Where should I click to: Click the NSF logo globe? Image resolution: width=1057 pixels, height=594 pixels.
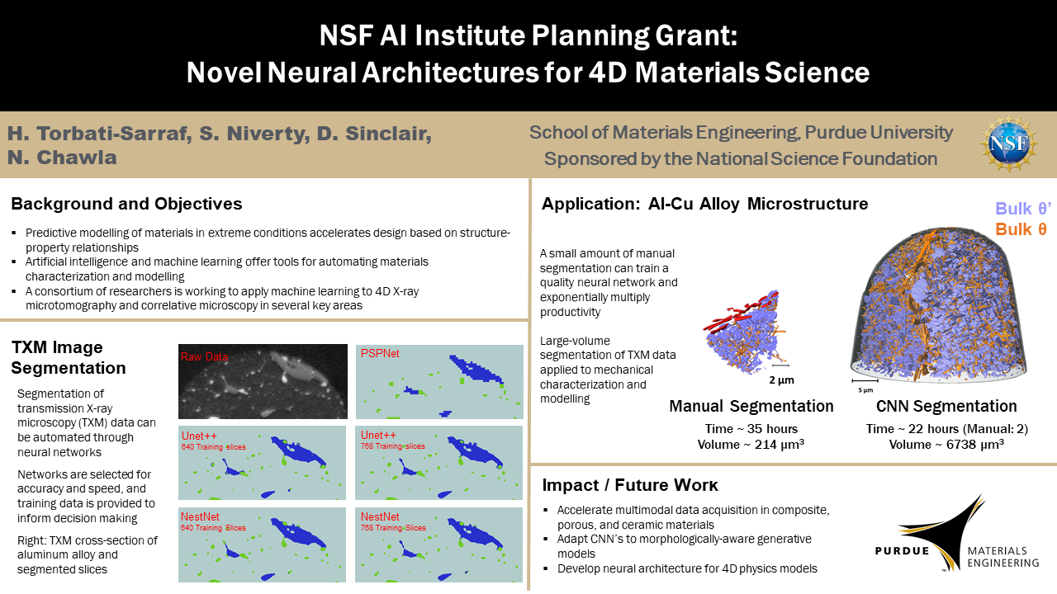click(1008, 144)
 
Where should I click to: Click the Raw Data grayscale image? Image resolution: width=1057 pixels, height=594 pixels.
click(263, 381)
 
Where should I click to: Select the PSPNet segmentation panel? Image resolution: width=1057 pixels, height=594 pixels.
click(439, 381)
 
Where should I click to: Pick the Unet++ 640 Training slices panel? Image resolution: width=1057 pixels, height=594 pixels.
click(262, 463)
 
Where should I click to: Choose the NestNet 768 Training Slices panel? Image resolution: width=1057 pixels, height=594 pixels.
click(438, 544)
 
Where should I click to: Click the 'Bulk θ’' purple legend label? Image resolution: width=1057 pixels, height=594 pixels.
click(1023, 209)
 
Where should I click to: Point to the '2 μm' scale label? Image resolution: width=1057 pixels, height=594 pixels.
click(781, 380)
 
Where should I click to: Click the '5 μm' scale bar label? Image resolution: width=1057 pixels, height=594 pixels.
click(865, 390)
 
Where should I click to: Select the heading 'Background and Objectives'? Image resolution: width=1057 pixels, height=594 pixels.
click(126, 204)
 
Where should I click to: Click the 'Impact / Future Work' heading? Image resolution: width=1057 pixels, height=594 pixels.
click(630, 485)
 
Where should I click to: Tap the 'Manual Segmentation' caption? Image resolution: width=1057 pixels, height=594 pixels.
click(751, 406)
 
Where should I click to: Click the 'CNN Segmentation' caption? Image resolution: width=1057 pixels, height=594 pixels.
click(946, 406)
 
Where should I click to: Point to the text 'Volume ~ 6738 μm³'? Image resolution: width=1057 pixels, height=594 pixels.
click(946, 445)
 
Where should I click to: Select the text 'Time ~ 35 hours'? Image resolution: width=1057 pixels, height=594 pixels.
click(751, 428)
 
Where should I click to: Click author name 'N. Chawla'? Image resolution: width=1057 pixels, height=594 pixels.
click(62, 158)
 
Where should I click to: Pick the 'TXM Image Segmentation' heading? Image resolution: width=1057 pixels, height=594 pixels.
click(69, 357)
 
